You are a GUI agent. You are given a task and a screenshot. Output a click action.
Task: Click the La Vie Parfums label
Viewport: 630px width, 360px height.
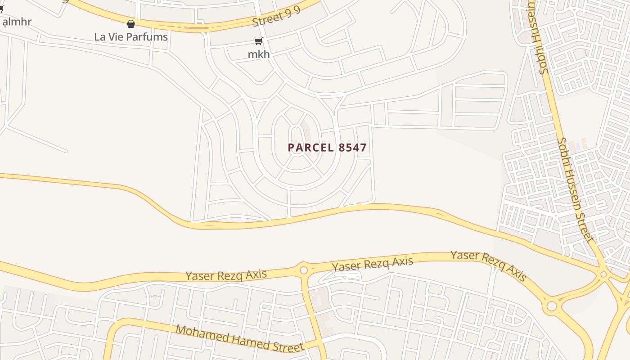(x=131, y=37)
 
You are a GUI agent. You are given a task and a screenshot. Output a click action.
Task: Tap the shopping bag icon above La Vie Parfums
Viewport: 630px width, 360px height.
(x=131, y=24)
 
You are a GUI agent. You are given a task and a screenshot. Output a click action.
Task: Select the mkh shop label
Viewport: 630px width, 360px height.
(x=259, y=54)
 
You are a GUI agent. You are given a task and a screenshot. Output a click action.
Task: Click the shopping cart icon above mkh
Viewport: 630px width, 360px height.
(x=259, y=41)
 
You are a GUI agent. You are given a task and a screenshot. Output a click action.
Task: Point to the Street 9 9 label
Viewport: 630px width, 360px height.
(x=276, y=18)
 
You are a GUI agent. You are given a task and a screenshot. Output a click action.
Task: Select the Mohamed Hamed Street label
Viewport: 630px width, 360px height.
(x=239, y=338)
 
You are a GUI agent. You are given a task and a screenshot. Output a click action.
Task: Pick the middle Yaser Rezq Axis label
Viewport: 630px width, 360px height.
(x=372, y=264)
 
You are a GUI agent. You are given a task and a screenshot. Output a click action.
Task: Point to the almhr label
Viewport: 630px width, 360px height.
(x=17, y=22)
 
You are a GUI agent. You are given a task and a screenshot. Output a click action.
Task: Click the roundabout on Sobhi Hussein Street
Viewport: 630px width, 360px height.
(x=603, y=274)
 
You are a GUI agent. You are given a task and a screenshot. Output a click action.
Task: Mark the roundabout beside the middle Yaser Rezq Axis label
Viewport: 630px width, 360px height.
(x=304, y=270)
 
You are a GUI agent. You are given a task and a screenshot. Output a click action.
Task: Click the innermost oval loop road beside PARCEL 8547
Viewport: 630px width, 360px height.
(x=296, y=140)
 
